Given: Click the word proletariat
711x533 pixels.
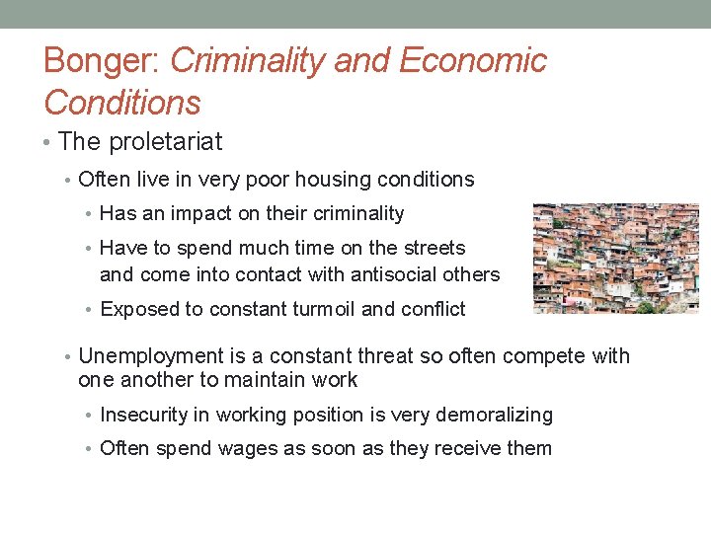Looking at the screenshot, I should [x=165, y=142].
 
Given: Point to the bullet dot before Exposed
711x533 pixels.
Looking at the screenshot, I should [x=91, y=310].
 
